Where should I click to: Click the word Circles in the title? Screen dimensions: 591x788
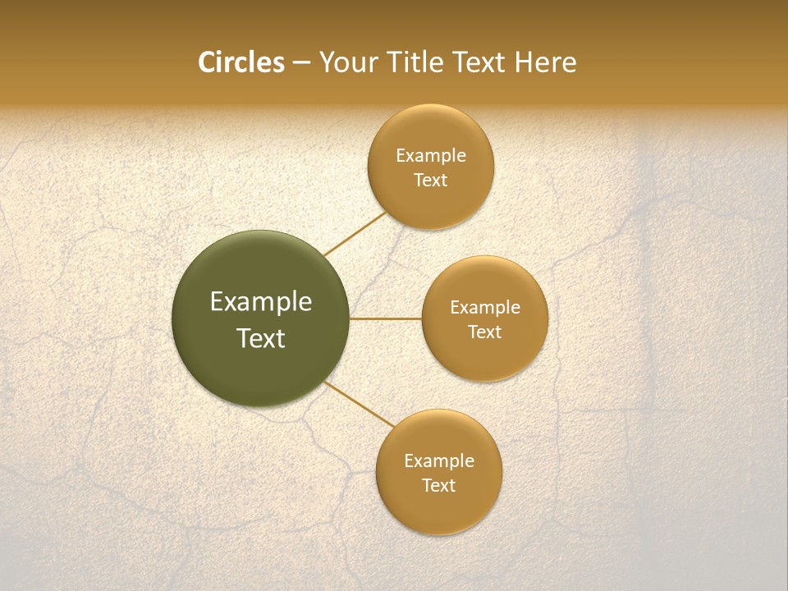tap(241, 62)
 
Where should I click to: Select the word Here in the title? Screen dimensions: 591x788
tap(546, 62)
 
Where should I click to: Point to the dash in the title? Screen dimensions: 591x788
tap(301, 63)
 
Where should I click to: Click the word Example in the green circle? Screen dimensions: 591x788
tap(261, 302)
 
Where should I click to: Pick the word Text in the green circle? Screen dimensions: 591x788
tap(261, 338)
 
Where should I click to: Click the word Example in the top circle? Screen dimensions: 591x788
tap(430, 156)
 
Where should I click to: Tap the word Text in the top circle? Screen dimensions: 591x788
tap(430, 181)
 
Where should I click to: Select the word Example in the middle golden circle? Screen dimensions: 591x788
tap(484, 308)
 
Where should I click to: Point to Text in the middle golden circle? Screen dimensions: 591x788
tap(484, 332)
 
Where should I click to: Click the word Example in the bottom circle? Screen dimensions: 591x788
tap(438, 461)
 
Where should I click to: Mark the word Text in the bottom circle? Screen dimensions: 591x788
tap(438, 486)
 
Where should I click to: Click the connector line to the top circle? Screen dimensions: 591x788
tap(355, 234)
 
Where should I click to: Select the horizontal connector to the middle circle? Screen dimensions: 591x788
tap(386, 318)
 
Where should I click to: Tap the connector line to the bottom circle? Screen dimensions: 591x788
tap(360, 404)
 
